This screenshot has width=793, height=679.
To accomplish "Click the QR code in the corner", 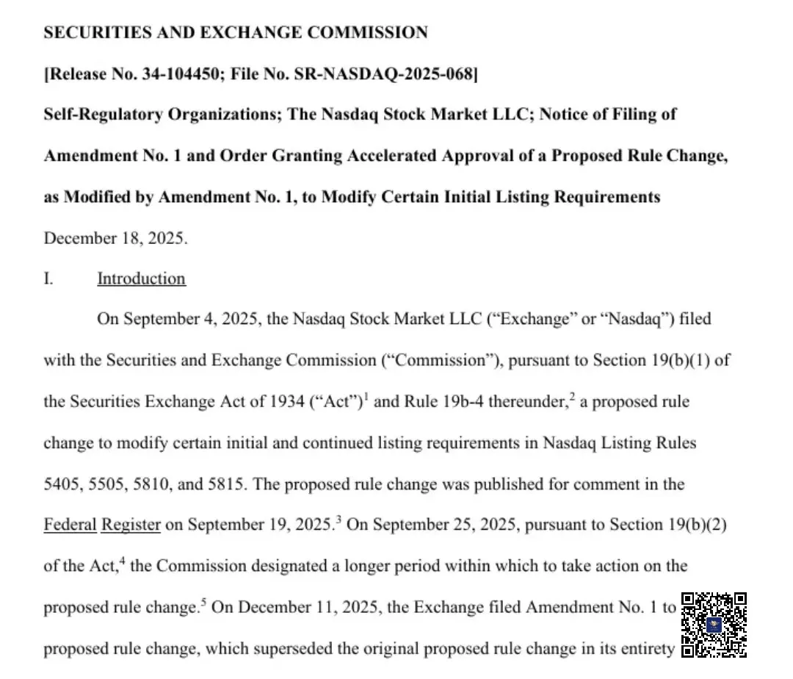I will pos(714,624).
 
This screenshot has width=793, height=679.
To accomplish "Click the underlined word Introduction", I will pos(141,279).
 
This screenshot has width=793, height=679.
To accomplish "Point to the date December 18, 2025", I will pos(115,239).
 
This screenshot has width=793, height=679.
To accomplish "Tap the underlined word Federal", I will pos(70,525).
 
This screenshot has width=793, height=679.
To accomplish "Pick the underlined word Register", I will pos(131,525).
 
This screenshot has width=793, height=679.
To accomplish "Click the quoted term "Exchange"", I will pos(531,320).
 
